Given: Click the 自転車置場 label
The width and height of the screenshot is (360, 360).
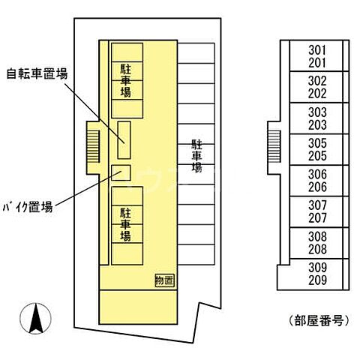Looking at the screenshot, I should (x=37, y=73).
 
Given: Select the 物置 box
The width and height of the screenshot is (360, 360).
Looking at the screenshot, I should (x=163, y=280).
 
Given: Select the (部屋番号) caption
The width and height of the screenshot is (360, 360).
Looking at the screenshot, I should (x=318, y=321).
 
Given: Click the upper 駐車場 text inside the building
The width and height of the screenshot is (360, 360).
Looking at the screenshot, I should (x=125, y=81).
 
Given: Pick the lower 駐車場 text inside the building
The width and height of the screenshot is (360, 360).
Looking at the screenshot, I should (x=125, y=224).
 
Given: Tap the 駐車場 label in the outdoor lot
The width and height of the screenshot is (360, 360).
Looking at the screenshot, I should (x=196, y=156).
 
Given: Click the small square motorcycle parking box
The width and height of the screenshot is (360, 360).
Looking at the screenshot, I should (x=120, y=172).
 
